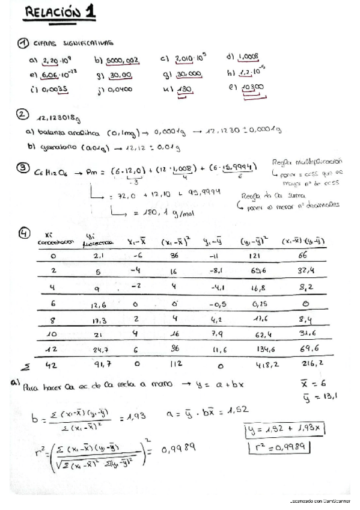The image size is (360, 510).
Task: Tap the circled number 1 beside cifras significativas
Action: [23, 43]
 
